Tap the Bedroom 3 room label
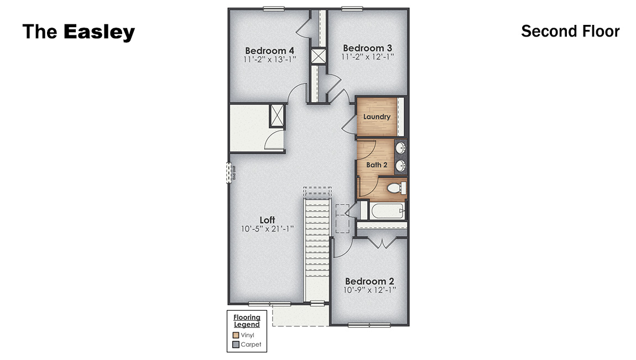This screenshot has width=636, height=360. (x=368, y=48)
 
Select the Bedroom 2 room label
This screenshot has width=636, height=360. (x=370, y=281)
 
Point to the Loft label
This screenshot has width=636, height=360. (x=267, y=220)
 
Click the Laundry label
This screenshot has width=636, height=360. (x=377, y=117)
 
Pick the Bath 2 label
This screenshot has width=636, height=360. (x=377, y=165)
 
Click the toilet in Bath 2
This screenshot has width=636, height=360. (x=395, y=188)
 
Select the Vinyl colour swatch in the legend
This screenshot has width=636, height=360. (x=236, y=335)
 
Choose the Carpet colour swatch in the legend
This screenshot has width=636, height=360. (x=236, y=345)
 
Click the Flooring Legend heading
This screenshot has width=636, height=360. (x=247, y=321)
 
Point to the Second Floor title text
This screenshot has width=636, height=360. (x=570, y=32)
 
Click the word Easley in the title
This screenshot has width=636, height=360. (x=99, y=32)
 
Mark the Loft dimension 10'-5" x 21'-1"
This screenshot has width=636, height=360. (x=267, y=228)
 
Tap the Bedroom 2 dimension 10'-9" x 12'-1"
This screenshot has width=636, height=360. (x=370, y=289)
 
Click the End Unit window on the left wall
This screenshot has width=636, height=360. (x=228, y=172)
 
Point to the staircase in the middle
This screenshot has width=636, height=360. (x=317, y=249)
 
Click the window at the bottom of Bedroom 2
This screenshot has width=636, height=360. (x=369, y=325)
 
